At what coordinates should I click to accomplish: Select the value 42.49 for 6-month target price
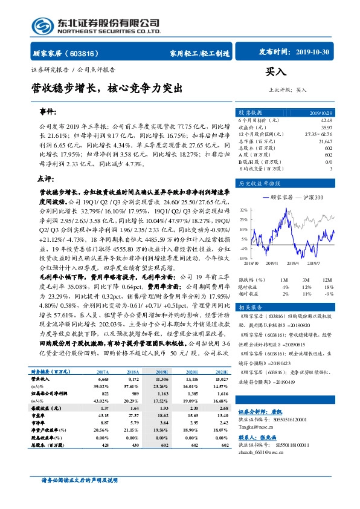coord(326,120)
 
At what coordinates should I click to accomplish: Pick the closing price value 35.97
coord(326,127)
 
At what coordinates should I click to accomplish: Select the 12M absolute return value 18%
coord(329,287)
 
